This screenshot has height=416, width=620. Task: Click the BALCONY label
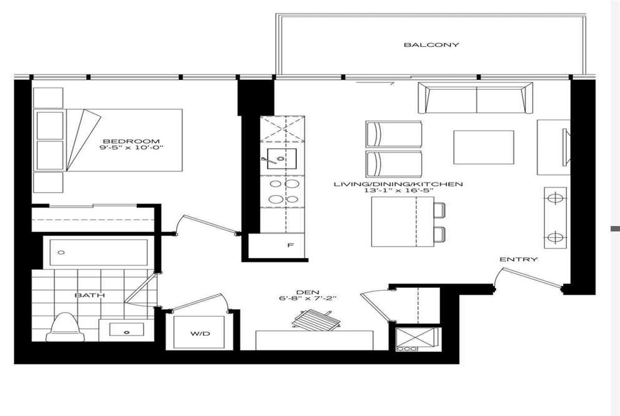tap(431, 45)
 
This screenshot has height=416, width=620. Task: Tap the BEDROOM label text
tap(131, 142)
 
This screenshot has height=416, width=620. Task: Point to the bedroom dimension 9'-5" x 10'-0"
tap(131, 147)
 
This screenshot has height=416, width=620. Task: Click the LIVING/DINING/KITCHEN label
tap(398, 184)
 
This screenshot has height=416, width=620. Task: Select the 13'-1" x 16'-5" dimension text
tap(398, 190)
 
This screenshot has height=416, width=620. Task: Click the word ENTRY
tap(519, 259)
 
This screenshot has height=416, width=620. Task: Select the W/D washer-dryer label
tap(200, 333)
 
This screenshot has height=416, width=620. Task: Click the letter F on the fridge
tap(290, 245)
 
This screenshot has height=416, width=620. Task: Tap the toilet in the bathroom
tap(65, 327)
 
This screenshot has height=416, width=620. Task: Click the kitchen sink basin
tap(282, 159)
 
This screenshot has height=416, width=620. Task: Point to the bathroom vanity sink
tap(127, 329)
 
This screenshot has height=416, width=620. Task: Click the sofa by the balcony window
tap(475, 98)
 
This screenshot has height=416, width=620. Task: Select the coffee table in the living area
tap(484, 147)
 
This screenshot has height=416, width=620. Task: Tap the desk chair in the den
tap(316, 320)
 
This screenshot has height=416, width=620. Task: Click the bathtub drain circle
tap(61, 252)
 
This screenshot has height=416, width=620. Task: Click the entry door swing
tap(528, 278)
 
